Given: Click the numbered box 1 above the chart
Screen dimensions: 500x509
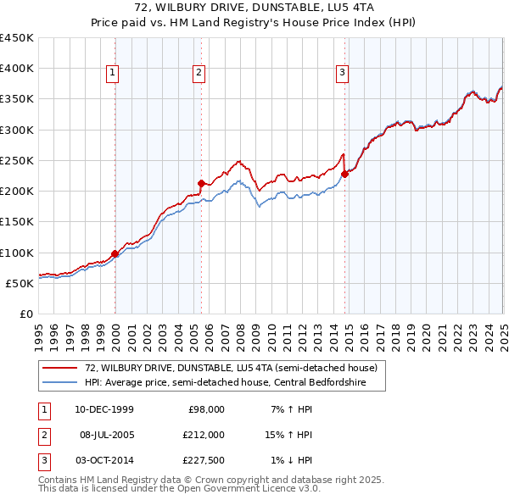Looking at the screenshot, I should (112, 74).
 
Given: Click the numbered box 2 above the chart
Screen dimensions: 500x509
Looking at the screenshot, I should (199, 74).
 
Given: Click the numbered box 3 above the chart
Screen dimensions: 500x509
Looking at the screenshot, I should (342, 74).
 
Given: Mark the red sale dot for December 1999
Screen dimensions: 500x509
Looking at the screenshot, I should (115, 253).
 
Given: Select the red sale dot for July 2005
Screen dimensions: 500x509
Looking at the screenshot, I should (201, 183).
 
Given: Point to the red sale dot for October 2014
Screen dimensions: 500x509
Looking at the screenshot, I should (344, 174).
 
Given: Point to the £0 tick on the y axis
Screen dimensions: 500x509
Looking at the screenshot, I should (26, 314).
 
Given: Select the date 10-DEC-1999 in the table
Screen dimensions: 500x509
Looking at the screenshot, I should (103, 409).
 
